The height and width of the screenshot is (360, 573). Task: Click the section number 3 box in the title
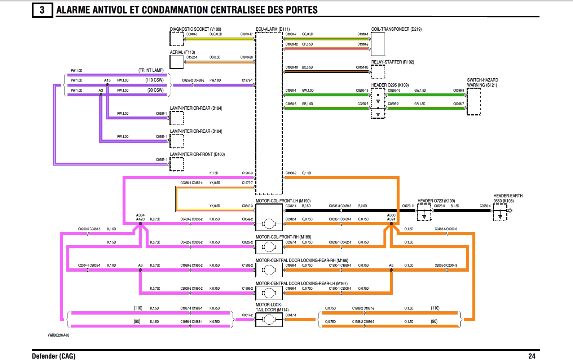click(x=42, y=10)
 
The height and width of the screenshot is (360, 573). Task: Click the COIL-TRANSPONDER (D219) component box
click(x=378, y=44)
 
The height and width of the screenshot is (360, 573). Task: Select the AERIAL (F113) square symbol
click(x=177, y=62)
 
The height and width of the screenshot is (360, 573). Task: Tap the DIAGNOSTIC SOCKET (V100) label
click(x=195, y=29)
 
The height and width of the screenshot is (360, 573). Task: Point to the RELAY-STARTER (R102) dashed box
click(x=378, y=72)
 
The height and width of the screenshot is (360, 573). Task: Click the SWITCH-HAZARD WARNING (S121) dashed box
click(x=473, y=101)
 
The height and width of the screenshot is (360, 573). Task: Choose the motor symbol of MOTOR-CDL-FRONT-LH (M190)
click(x=269, y=224)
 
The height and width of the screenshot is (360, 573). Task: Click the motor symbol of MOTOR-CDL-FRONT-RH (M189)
click(x=269, y=247)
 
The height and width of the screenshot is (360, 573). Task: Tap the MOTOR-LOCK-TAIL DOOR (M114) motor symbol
click(x=269, y=319)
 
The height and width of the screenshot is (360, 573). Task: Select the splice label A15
click(x=107, y=80)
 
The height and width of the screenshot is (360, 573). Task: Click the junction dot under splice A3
click(x=101, y=95)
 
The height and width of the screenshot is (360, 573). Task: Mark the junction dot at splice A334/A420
click(x=140, y=224)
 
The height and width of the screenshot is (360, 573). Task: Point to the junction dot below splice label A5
click(x=391, y=270)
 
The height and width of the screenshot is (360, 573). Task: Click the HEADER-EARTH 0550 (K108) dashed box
click(x=500, y=212)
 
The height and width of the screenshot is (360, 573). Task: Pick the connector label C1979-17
click(x=247, y=34)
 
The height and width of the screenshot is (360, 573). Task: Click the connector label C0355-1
click(x=161, y=159)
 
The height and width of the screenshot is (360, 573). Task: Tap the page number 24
click(x=532, y=356)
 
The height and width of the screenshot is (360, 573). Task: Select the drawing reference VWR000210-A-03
click(x=58, y=335)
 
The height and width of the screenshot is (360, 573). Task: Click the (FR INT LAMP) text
click(x=151, y=70)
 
